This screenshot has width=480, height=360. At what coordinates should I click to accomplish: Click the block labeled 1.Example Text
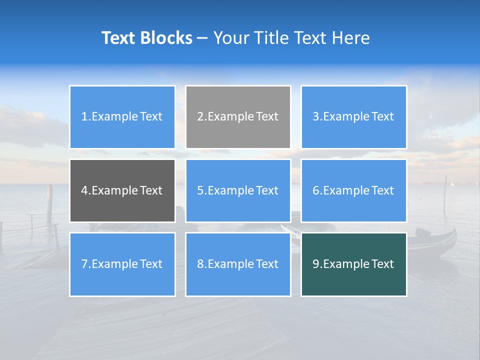[x=122, y=117]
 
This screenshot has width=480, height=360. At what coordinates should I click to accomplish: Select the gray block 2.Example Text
[x=238, y=117]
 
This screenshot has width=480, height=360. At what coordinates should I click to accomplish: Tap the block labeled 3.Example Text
[x=353, y=117]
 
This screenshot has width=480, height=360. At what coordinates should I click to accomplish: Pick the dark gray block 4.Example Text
[x=122, y=190]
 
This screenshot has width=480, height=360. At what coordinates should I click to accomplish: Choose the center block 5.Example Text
[x=238, y=190]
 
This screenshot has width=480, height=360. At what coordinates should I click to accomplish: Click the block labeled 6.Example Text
[x=353, y=190]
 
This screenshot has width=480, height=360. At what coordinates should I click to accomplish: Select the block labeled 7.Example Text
[x=122, y=264]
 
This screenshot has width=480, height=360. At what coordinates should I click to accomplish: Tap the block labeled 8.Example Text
[x=238, y=264]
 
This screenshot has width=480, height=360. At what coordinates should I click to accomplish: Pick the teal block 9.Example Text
[x=353, y=264]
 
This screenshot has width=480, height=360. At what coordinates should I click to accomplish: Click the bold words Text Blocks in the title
[x=147, y=38]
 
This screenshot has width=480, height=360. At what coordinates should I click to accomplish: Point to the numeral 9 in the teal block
[x=316, y=264]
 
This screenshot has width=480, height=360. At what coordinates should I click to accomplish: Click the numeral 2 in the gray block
[x=200, y=117]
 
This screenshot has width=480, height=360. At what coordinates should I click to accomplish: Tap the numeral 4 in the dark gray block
[x=84, y=190]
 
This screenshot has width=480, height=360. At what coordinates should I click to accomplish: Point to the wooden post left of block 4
[x=49, y=197]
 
